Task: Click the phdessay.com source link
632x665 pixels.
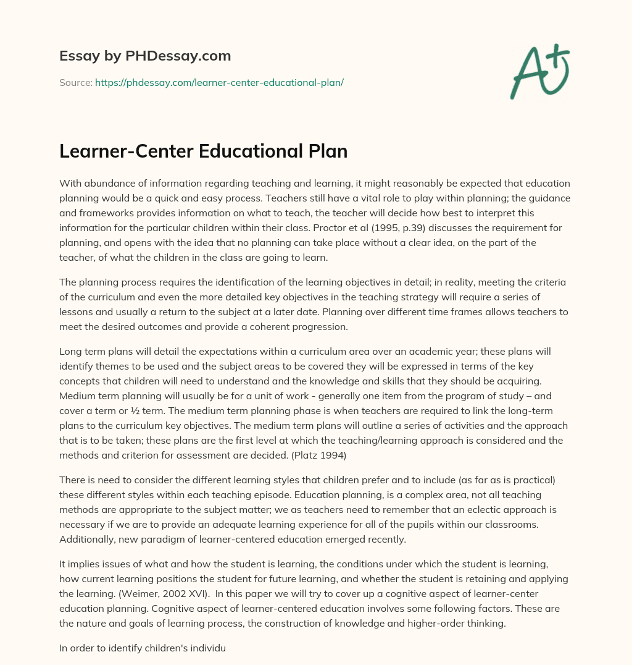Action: click(219, 82)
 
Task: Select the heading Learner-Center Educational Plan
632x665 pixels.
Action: click(203, 151)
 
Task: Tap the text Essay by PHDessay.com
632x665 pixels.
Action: click(145, 56)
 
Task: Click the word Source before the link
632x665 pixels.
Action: click(75, 82)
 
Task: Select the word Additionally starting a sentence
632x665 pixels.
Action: click(88, 540)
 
